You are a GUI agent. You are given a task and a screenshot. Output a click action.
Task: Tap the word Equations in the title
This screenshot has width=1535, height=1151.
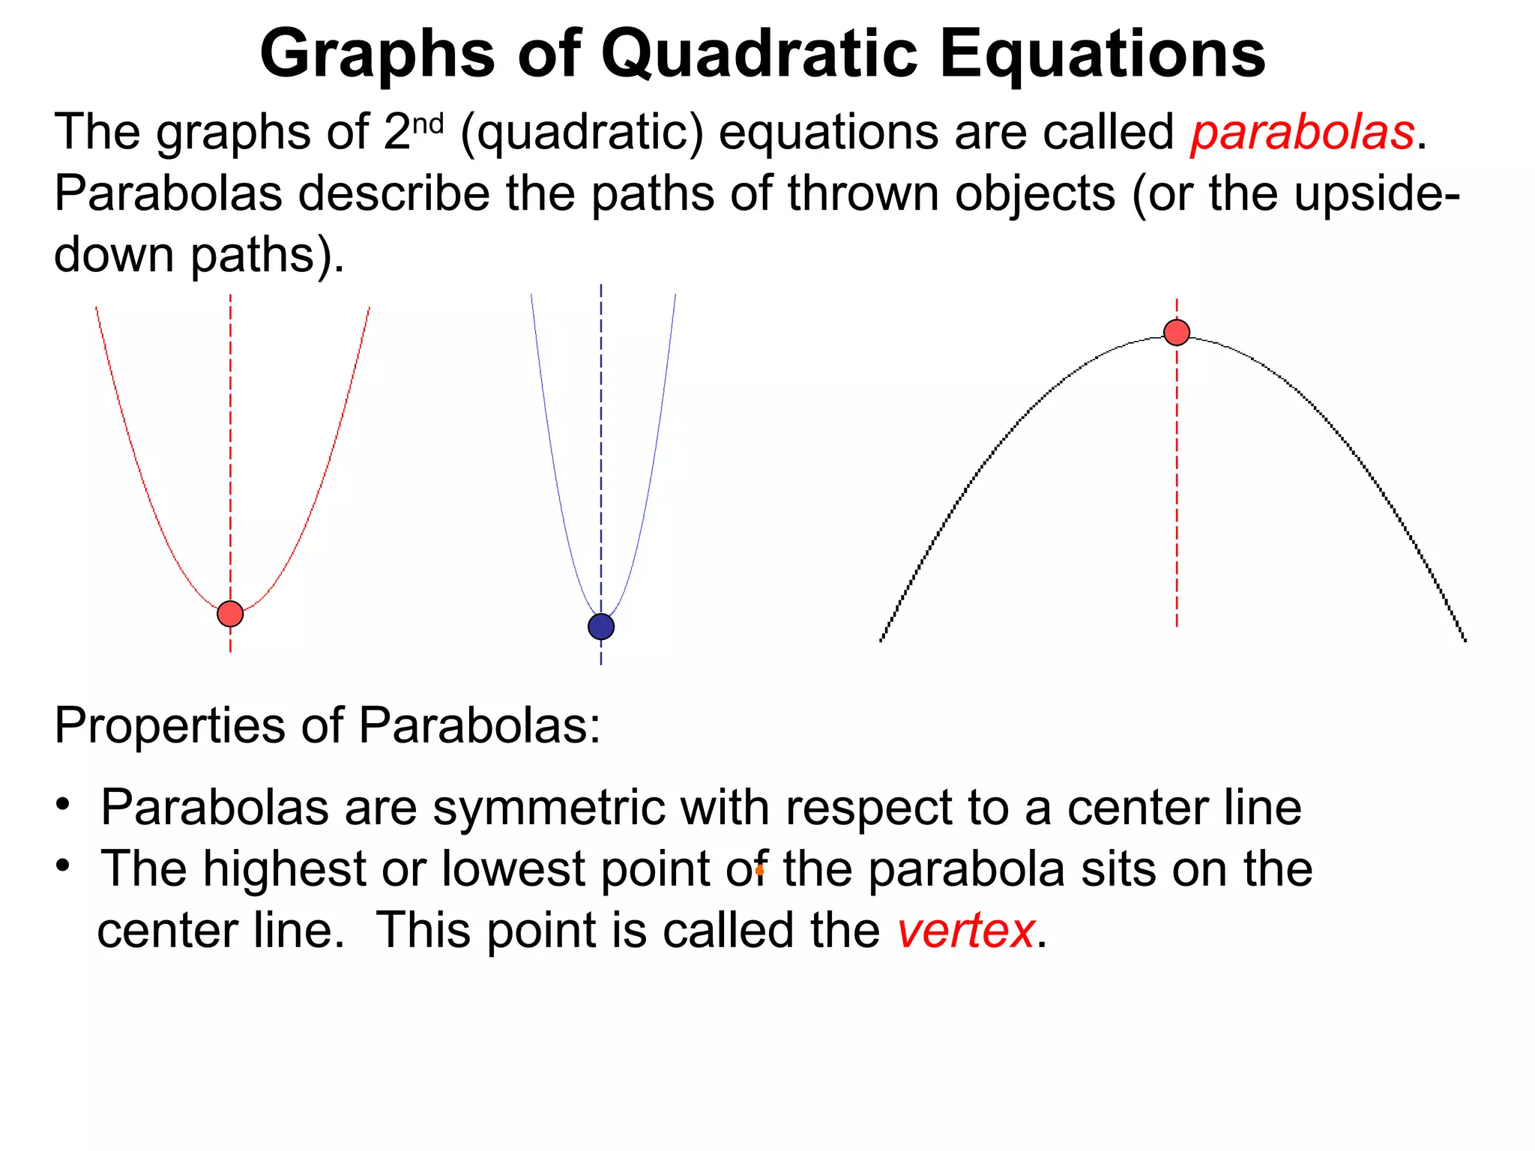tap(1102, 54)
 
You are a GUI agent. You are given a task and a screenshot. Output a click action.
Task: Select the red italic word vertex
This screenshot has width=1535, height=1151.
tap(966, 931)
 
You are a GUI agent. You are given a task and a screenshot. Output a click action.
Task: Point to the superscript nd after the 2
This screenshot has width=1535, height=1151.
tap(429, 124)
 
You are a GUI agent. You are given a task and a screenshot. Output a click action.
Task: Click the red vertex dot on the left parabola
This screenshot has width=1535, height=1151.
tap(230, 614)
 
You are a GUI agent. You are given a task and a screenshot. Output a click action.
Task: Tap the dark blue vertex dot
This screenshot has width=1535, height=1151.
tap(601, 626)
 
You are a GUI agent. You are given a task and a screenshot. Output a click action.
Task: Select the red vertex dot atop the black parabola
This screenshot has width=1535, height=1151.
tap(1177, 332)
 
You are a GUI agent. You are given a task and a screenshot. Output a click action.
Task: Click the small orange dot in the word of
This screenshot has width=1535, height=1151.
tap(759, 871)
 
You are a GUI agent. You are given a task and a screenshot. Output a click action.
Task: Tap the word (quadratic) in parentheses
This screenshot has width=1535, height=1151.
tap(582, 133)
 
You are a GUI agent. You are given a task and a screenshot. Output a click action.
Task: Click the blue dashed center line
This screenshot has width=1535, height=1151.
tap(601, 450)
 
